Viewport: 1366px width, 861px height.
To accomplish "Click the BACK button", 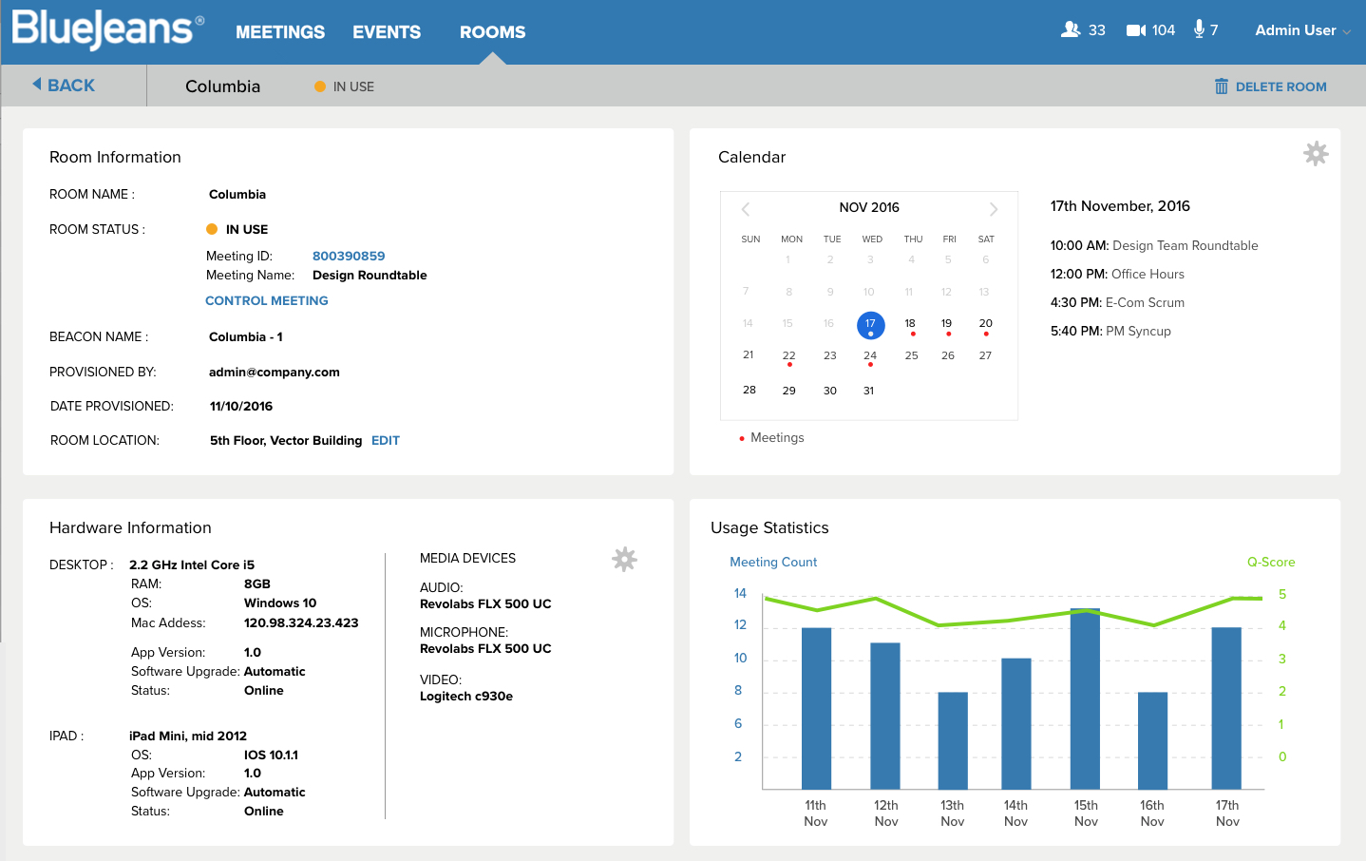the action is pos(64,86).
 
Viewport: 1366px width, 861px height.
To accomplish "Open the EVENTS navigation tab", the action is pos(387,31).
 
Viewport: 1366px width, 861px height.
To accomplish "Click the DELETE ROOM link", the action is pos(1270,86).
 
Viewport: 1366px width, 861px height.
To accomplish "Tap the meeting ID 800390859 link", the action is pos(349,256).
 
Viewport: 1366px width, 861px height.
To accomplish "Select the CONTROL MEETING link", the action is pos(267,300).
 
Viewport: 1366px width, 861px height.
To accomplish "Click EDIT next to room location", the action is pos(386,440).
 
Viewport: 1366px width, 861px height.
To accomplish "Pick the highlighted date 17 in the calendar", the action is pos(870,325).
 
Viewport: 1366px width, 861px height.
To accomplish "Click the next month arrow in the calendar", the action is pos(994,209).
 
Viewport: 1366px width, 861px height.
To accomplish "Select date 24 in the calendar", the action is pos(870,355).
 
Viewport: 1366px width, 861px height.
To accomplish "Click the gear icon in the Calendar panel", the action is pos(1316,154).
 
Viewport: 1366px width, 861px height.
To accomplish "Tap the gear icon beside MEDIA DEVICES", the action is pos(624,559).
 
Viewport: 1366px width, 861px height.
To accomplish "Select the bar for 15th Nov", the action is pos(1085,698).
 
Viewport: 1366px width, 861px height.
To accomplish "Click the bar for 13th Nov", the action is pos(953,741).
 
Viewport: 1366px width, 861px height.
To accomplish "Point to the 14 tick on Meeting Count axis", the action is pos(740,593).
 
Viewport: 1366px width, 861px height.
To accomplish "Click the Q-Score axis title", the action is pos(1271,562).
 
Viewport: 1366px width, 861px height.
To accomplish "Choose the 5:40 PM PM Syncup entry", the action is pos(1110,331).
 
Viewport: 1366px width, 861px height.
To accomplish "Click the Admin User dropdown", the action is pos(1302,30).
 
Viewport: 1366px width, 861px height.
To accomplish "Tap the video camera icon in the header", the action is pos(1135,29).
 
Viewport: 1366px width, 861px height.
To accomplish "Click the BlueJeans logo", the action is pos(108,29).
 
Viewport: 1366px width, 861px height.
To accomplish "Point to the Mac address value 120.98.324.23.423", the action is pos(301,623).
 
